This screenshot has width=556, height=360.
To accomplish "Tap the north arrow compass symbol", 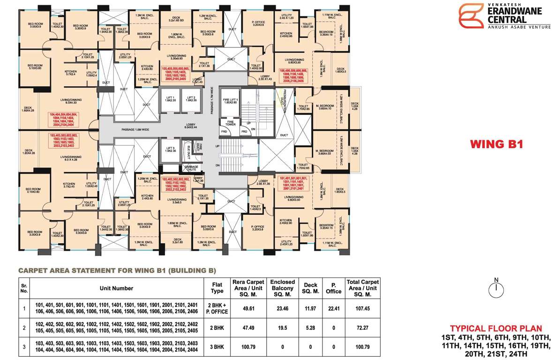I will click(x=496, y=288).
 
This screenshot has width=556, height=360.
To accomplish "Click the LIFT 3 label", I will click(x=171, y=149).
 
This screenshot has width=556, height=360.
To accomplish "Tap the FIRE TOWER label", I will click(x=231, y=123).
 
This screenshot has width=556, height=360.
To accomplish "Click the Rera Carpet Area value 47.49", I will click(x=246, y=328).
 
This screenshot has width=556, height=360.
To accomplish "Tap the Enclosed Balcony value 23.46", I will click(x=282, y=308).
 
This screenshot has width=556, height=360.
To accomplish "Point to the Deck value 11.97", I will click(x=311, y=308).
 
